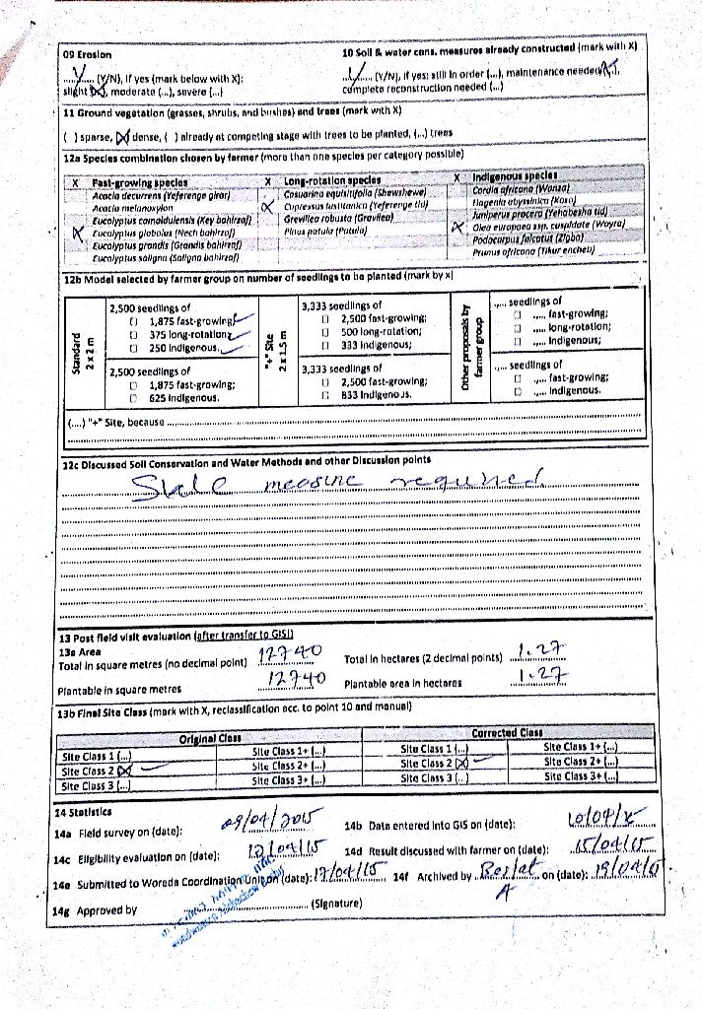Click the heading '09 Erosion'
point(87,55)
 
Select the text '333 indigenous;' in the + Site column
point(377,344)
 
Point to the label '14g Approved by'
point(96,910)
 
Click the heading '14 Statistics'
point(83,813)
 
